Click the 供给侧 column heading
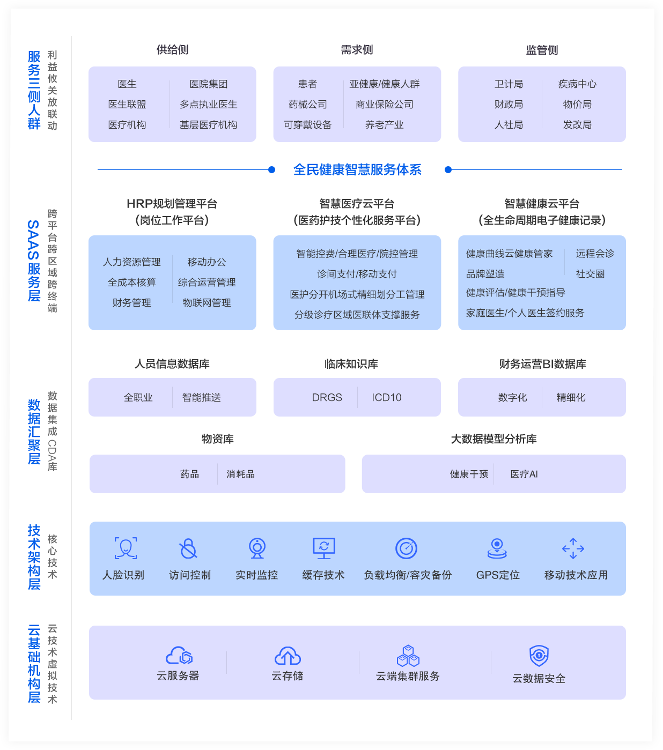coord(172,50)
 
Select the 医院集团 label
coord(209,84)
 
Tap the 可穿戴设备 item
coord(307,125)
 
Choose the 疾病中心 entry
coord(577,84)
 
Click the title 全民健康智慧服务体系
coord(357,170)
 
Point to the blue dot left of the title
coord(272,170)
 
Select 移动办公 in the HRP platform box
coord(207,262)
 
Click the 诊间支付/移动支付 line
coord(357,274)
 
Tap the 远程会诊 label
coord(595,254)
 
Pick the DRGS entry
coord(327,398)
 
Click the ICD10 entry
coord(386,398)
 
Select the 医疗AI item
coord(524,474)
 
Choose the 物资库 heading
coord(217,439)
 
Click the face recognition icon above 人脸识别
coord(126,548)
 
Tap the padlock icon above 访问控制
coord(188,548)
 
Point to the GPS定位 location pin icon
coord(497,548)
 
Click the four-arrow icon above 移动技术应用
coord(573,548)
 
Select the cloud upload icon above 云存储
coord(288,656)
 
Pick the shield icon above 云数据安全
coord(539,656)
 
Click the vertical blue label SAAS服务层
coord(34,261)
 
